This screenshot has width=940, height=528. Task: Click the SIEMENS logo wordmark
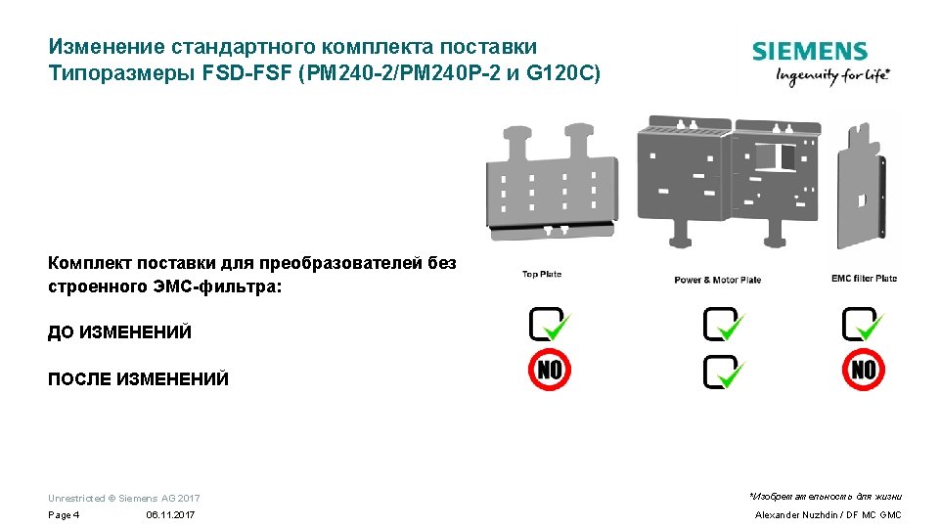click(x=809, y=52)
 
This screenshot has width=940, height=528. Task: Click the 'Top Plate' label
click(x=542, y=275)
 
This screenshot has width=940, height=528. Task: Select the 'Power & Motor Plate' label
click(x=717, y=281)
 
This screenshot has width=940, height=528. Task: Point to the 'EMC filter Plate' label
click(x=864, y=279)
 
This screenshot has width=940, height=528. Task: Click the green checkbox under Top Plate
click(x=549, y=324)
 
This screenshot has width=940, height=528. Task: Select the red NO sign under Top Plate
click(x=549, y=370)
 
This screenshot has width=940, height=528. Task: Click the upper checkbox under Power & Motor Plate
click(x=723, y=324)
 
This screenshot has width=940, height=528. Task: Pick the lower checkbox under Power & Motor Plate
click(x=723, y=372)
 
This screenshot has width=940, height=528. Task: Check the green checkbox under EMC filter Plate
click(x=863, y=324)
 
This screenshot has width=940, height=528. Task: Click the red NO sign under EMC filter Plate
click(x=863, y=370)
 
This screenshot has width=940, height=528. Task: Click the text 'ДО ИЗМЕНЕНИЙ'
click(x=119, y=332)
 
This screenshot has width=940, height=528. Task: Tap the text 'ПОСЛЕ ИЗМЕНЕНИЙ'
click(x=138, y=379)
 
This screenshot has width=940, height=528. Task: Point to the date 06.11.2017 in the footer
click(x=170, y=514)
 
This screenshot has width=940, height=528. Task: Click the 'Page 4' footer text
click(x=64, y=514)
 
